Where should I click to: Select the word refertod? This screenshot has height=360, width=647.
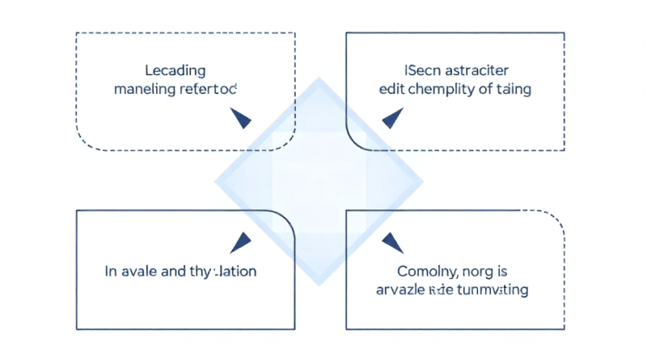pyautogui.click(x=211, y=90)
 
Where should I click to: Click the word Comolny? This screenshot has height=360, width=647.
pyautogui.click(x=425, y=271)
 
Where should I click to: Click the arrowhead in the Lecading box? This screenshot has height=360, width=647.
pyautogui.click(x=240, y=119)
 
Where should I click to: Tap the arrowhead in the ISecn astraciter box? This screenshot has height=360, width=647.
pyautogui.click(x=392, y=118)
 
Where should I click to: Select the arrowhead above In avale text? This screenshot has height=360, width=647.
pyautogui.click(x=241, y=240)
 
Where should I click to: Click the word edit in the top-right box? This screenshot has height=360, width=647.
pyautogui.click(x=391, y=90)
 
